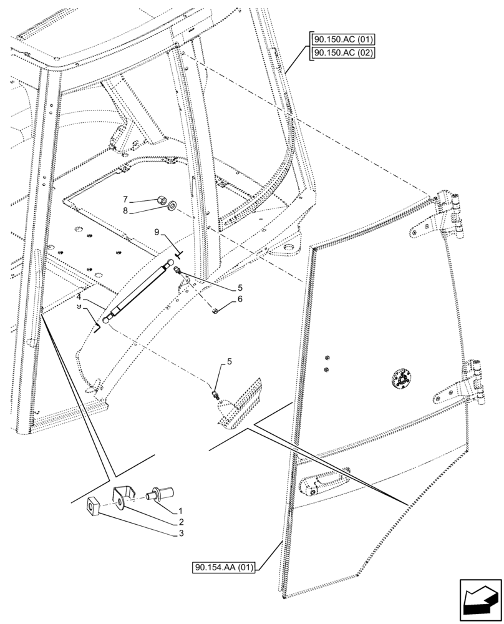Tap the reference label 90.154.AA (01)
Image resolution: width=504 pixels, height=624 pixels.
coord(223,567)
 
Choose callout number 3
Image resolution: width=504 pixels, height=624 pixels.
coord(180,534)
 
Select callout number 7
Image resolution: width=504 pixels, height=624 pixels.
coord(126,199)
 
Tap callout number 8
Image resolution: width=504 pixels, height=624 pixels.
coord(126,211)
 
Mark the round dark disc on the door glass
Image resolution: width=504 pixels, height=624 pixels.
coord(402,379)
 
